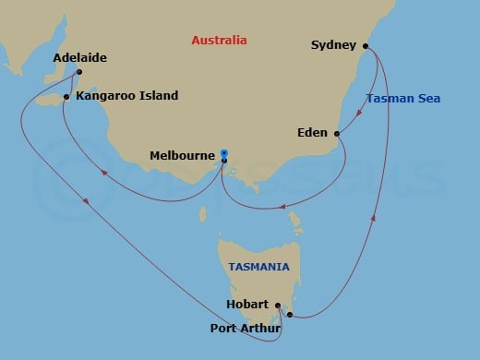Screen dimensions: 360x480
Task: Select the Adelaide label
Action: click(79, 57)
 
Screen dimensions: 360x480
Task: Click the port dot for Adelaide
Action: click(80, 72)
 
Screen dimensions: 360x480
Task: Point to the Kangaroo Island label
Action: click(127, 95)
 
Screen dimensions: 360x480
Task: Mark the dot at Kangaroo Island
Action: click(66, 96)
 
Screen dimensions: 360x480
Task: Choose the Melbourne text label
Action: click(183, 156)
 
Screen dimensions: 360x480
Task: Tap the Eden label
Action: click(312, 133)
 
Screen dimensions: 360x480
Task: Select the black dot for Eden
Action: click(337, 134)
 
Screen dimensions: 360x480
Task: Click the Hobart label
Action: click(246, 304)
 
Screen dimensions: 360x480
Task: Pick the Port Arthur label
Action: click(241, 324)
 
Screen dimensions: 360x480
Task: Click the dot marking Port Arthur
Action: click(290, 315)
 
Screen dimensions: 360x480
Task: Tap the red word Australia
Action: click(219, 41)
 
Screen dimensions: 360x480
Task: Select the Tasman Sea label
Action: click(402, 99)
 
